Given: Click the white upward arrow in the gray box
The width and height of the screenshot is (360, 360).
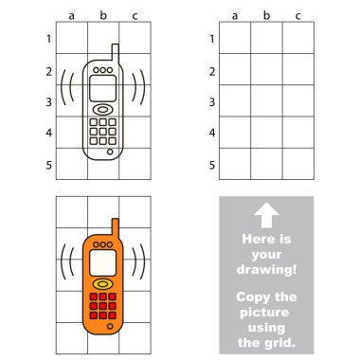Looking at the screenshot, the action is point(266,215).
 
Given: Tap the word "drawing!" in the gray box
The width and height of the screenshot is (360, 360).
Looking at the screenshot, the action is point(267,269).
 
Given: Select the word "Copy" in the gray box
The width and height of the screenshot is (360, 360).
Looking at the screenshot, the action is point(251,297).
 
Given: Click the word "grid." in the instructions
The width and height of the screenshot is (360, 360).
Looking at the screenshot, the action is point(281,343).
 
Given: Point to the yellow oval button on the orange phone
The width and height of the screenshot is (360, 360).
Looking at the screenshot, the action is point(102,284).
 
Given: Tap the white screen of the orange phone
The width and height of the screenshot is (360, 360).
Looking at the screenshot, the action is point(102,262).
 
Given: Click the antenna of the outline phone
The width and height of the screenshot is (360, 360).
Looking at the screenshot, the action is point(116,53).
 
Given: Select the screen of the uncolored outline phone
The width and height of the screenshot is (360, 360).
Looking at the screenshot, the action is point(102,88).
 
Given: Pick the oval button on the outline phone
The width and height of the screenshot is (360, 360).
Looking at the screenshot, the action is point(102,110).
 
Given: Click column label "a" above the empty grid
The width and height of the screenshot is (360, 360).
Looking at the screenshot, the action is point(235,16).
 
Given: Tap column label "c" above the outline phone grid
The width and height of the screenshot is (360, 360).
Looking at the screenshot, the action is point(135,16).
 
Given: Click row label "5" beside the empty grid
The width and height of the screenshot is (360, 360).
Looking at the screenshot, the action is point(212,165).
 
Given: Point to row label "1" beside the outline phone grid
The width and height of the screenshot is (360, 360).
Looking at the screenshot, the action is point(48,39).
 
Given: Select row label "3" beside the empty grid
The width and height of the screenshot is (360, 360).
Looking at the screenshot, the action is point(212,102).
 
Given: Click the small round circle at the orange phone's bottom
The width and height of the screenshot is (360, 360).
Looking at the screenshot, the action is point(110,326).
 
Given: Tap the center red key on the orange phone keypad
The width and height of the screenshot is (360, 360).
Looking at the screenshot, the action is point(102,306).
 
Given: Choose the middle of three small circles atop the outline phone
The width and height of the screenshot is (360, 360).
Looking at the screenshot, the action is point(102,70).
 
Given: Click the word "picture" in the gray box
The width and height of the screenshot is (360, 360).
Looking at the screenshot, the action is point(264,313).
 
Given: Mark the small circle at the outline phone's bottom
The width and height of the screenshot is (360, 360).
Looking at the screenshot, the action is point(110,152).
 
